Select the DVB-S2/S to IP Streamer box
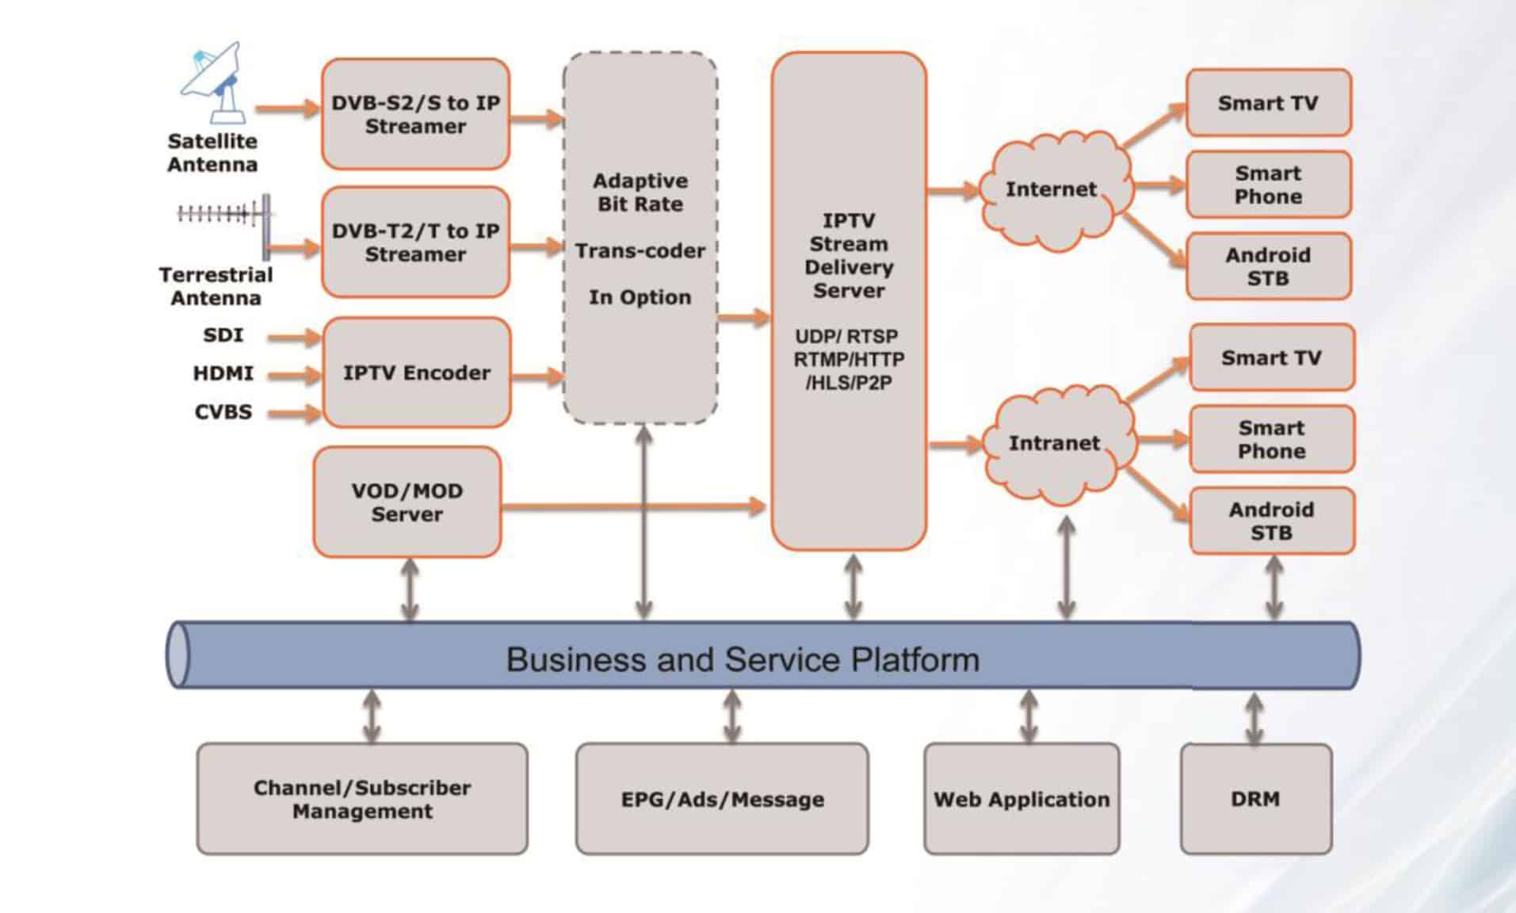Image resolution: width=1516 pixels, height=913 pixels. click(x=415, y=114)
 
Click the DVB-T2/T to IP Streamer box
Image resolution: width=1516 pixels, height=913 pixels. click(x=415, y=243)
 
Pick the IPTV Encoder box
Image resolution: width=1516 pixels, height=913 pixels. click(x=416, y=372)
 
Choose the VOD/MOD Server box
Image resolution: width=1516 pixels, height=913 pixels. click(x=407, y=502)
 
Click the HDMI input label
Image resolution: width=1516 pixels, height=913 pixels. click(x=223, y=373)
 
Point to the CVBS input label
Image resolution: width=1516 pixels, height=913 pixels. click(x=223, y=412)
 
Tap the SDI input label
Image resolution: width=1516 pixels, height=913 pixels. click(x=223, y=335)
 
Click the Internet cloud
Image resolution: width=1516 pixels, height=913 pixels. click(x=1052, y=190)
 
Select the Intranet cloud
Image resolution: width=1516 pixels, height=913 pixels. click(x=1056, y=444)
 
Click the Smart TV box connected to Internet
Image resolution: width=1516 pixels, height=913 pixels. click(x=1268, y=103)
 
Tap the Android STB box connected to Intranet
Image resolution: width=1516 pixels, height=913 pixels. click(x=1271, y=521)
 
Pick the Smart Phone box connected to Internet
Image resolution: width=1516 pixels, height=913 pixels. click(x=1268, y=185)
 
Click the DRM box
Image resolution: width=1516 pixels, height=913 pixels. click(x=1255, y=799)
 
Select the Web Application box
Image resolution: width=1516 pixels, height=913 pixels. click(x=1021, y=799)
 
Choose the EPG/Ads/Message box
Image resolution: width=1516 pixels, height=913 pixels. click(x=722, y=799)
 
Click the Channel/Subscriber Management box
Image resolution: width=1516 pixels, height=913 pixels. click(x=362, y=799)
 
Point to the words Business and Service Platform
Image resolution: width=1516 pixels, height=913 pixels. click(x=743, y=659)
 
